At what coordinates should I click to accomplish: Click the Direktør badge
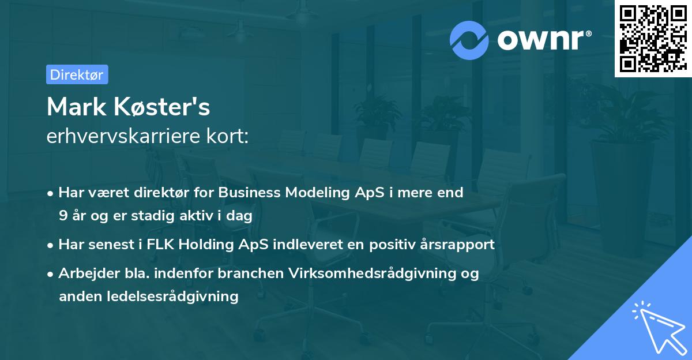coord(77,74)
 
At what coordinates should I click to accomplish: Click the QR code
coord(653,38)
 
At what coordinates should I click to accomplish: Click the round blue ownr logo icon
coord(469,40)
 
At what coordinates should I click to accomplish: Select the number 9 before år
coord(63,216)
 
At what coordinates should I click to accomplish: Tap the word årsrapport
coord(459,245)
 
